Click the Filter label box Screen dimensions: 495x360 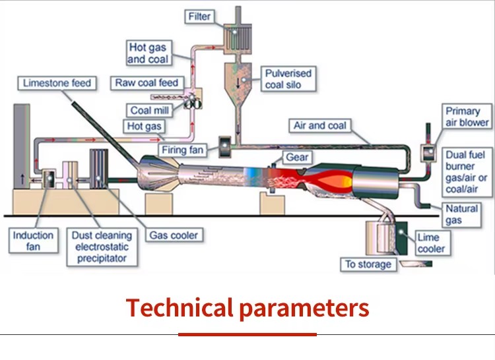pyautogui.click(x=199, y=16)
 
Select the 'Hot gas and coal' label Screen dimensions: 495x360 pyautogui.click(x=149, y=53)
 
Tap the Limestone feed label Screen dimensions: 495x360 pyautogui.click(x=57, y=83)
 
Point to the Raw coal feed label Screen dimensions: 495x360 pyautogui.click(x=147, y=83)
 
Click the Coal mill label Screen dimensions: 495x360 pyautogui.click(x=150, y=110)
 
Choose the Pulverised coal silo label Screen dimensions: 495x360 pyautogui.click(x=288, y=79)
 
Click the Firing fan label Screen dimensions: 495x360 pyautogui.click(x=182, y=150)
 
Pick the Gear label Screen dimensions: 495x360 pyautogui.click(x=297, y=157)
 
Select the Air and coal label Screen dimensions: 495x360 pyautogui.click(x=320, y=125)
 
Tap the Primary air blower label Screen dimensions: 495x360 pyautogui.click(x=467, y=116)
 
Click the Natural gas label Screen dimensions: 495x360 pyautogui.click(x=461, y=214)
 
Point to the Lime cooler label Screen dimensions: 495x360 pyautogui.click(x=432, y=243)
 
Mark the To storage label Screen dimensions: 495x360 pyautogui.click(x=368, y=264)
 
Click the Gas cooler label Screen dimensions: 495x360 pyautogui.click(x=174, y=235)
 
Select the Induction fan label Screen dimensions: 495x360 pyautogui.click(x=34, y=241)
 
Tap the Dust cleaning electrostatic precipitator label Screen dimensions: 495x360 pyautogui.click(x=102, y=247)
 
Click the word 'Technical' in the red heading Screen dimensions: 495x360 pyautogui.click(x=179, y=308)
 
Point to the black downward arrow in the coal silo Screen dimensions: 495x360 pyautogui.click(x=238, y=82)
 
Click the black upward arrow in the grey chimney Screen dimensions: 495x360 pyautogui.click(x=22, y=179)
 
